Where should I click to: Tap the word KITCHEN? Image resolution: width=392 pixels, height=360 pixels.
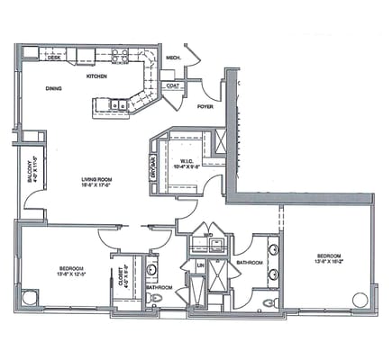tap(96, 76)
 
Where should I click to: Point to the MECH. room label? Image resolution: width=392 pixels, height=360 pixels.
tap(174, 58)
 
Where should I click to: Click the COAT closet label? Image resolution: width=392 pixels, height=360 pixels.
tap(171, 86)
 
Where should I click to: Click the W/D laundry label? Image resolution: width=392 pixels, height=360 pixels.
tap(207, 237)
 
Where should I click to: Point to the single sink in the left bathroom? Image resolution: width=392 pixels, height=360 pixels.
tap(151, 268)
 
